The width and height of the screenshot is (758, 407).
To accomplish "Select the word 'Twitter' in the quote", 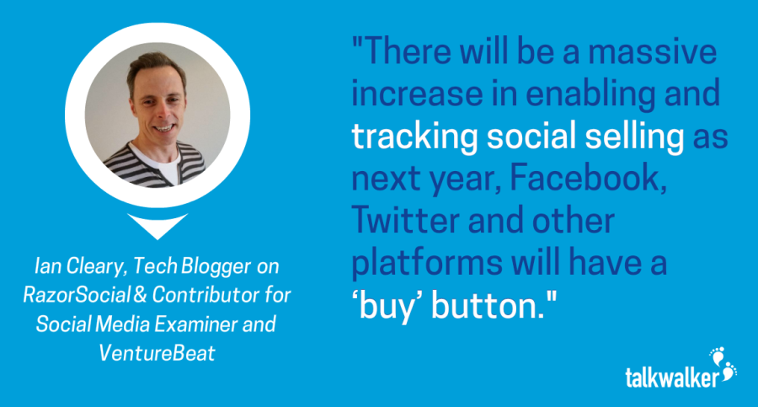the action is pos(405,220).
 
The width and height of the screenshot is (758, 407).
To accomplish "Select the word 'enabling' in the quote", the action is pos(590,95).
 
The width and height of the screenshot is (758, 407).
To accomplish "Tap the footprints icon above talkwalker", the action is pos(723,363).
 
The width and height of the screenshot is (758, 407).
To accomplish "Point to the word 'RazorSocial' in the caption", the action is pos(77,295).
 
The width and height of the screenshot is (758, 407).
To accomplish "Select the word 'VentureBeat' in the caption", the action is pos(157,353).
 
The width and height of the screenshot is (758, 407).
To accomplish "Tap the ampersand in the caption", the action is pos(140,295).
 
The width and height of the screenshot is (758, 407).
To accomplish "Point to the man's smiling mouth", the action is pos(164,128).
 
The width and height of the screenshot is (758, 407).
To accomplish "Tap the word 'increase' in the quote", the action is pos(416,94).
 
